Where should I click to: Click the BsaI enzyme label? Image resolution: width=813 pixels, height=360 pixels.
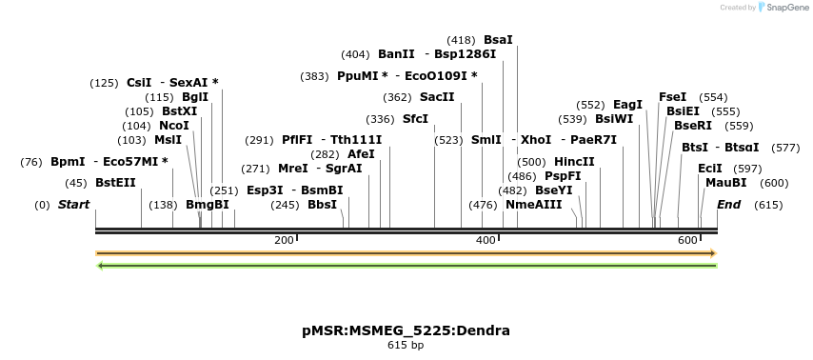tap(498, 40)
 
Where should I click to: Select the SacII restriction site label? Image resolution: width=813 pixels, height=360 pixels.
tap(437, 97)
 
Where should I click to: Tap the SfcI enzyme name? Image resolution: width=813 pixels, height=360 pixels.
tap(415, 119)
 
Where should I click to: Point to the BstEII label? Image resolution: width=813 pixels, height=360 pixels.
tap(115, 183)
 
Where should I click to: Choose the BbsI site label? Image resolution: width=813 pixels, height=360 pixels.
tap(322, 205)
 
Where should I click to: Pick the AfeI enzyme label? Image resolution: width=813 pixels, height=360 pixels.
tap(361, 154)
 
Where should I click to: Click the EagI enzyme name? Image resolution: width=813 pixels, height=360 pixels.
tap(627, 105)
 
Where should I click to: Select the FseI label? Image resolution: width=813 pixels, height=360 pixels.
tap(672, 97)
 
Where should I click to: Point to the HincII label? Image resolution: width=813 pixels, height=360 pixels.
tap(574, 162)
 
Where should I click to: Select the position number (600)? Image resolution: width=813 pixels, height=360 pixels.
tap(774, 183)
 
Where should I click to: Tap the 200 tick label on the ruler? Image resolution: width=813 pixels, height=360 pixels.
tap(284, 240)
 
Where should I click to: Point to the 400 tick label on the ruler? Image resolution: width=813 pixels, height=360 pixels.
tap(486, 240)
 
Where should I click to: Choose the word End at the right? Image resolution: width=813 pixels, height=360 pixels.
tap(728, 205)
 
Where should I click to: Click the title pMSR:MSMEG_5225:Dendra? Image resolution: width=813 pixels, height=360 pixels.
tap(406, 330)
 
